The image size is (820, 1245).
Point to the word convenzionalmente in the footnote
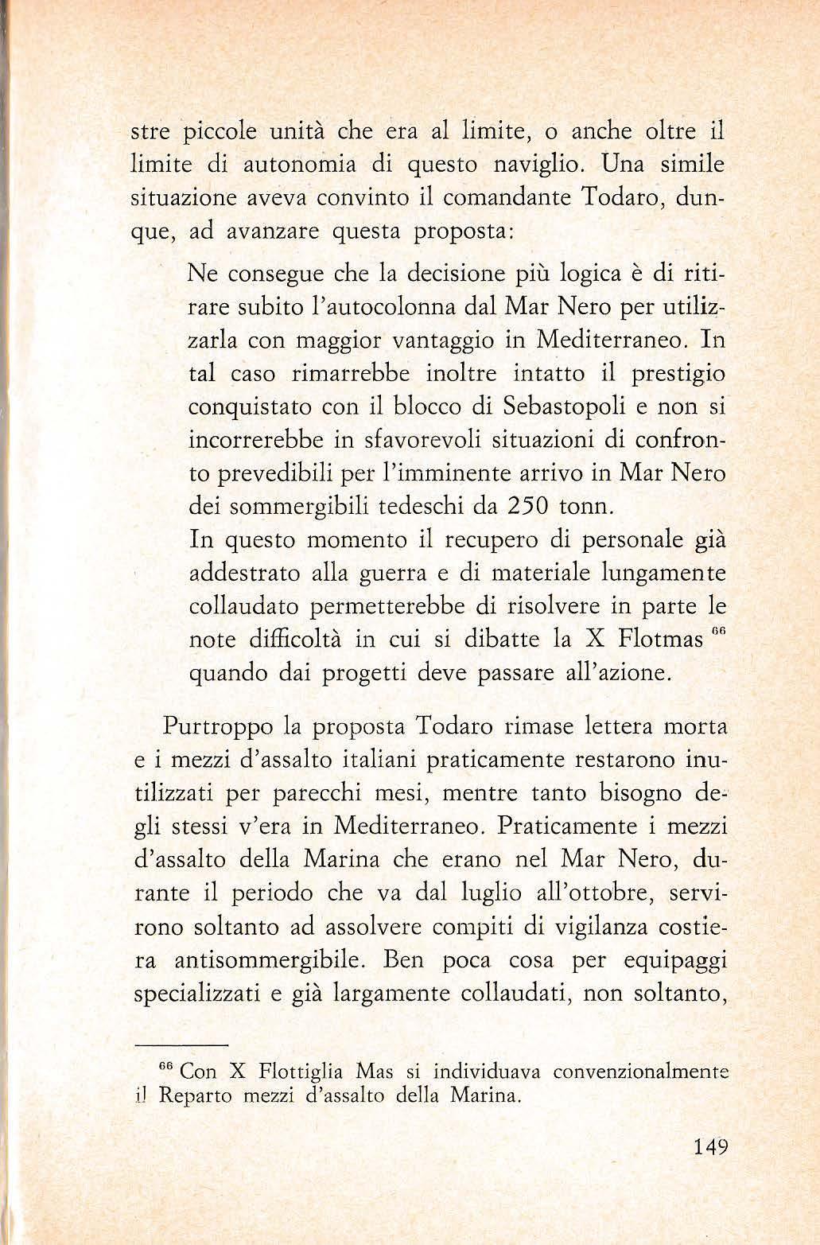pos(641,1071)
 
